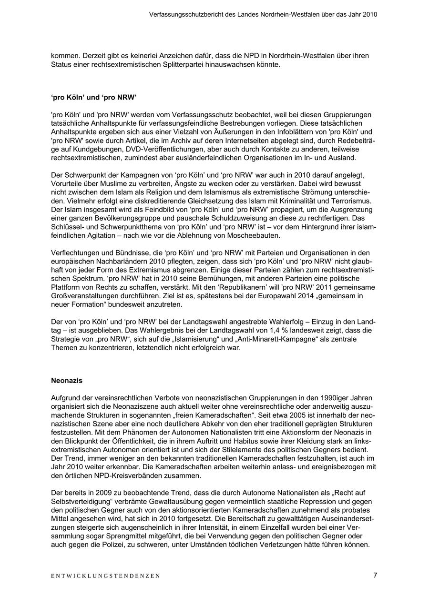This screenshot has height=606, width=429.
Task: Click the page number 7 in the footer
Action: [375, 575]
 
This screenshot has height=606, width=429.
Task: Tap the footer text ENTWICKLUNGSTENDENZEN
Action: [105, 576]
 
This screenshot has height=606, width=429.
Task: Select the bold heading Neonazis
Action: [67, 381]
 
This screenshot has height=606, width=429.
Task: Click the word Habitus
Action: [260, 441]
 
